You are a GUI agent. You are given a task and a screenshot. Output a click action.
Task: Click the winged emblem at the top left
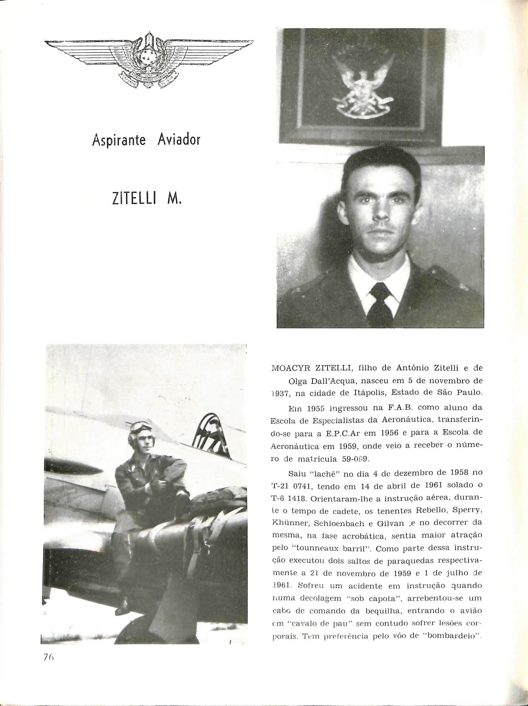pyautogui.click(x=149, y=62)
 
